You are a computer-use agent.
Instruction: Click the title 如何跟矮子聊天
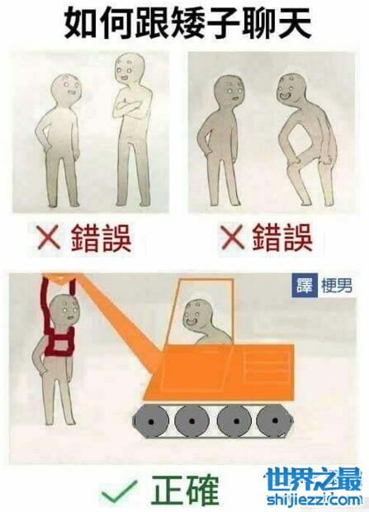(x=187, y=24)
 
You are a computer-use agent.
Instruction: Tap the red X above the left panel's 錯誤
(x=50, y=237)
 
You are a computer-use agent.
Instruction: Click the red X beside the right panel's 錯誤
(x=232, y=237)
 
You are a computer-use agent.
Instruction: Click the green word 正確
(x=185, y=491)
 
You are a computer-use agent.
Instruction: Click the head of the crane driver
(x=197, y=315)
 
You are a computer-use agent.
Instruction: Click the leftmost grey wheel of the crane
(x=151, y=421)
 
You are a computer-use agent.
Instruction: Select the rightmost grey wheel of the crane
(x=275, y=421)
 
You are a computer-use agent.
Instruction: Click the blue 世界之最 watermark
(x=314, y=480)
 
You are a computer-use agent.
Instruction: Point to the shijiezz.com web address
(x=315, y=500)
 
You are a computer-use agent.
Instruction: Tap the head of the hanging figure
(x=66, y=311)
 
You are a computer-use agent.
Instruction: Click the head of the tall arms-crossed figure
(x=130, y=69)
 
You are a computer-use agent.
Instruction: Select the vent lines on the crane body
(x=267, y=367)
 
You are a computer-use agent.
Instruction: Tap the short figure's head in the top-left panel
(x=66, y=88)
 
